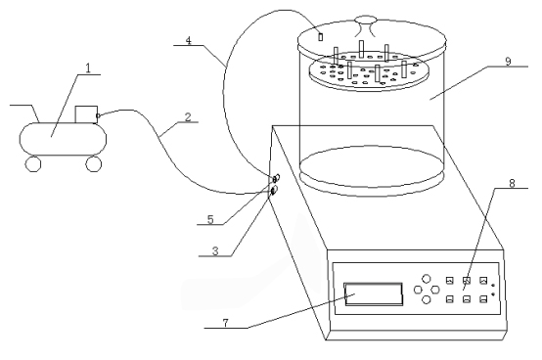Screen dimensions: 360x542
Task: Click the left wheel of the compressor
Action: click(34, 163)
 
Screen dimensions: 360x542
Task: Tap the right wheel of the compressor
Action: click(94, 163)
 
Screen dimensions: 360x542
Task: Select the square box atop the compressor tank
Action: click(86, 115)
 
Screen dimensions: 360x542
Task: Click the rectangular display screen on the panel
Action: click(373, 292)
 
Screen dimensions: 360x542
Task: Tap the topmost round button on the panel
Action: click(429, 278)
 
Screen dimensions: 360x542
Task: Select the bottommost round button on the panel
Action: click(429, 300)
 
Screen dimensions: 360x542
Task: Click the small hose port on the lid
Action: click(319, 36)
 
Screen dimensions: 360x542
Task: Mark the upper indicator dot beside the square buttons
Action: click(495, 284)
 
